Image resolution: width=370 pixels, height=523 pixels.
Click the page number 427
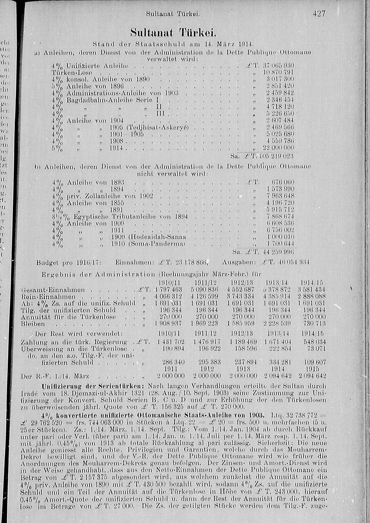coord(319,14)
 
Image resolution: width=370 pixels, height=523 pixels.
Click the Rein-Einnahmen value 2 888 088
coord(312,297)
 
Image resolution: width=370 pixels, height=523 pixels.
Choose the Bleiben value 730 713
coord(315,324)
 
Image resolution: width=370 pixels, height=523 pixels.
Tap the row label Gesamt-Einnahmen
coord(53,290)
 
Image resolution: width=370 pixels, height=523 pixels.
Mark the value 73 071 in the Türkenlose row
coord(317,348)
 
